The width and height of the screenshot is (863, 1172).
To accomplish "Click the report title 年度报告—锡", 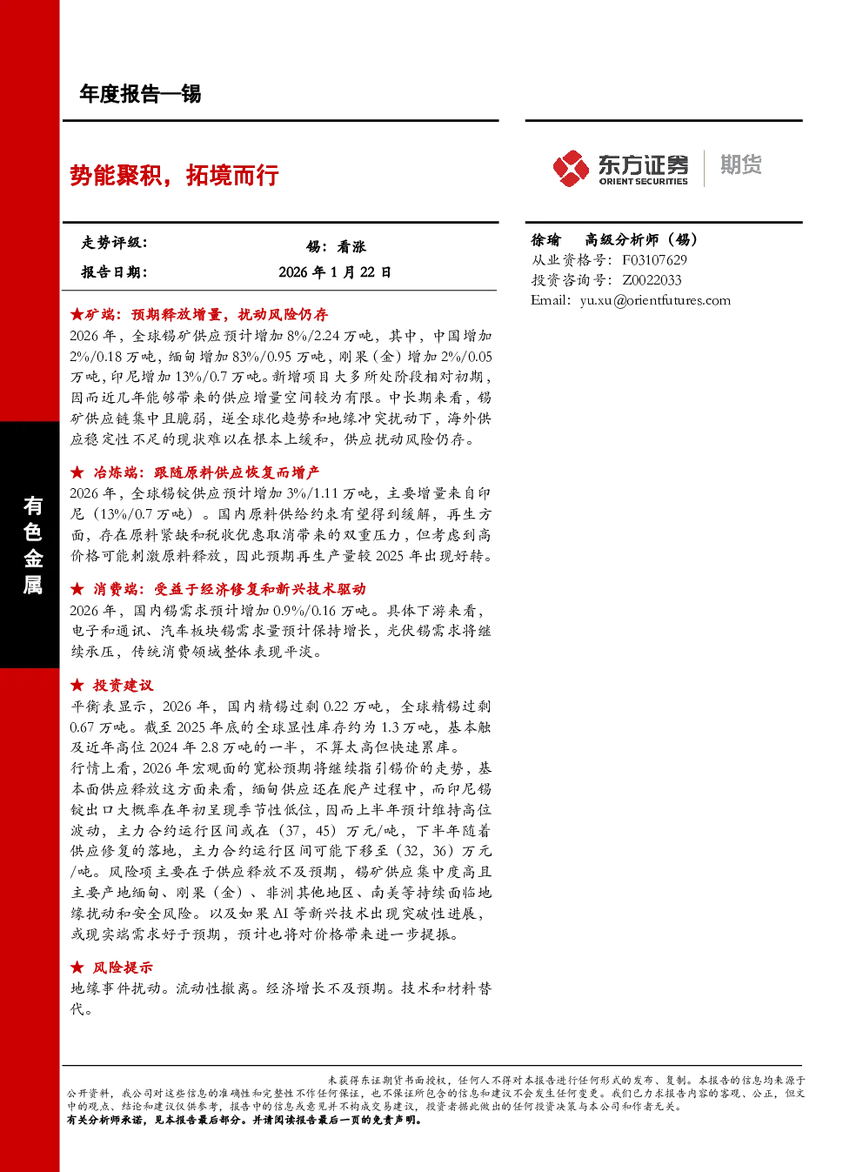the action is (140, 94).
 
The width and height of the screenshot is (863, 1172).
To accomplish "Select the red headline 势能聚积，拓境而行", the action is (174, 175).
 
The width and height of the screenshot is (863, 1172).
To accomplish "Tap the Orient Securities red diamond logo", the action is (572, 168).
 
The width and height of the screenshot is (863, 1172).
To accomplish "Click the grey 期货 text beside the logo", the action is (740, 164).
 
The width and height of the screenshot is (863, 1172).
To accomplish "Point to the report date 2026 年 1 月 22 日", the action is (335, 272).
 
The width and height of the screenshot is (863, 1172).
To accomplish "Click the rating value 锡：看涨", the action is (336, 246).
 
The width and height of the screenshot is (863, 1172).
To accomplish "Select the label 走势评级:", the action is (114, 242).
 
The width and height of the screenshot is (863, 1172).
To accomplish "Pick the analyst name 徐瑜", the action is (545, 239).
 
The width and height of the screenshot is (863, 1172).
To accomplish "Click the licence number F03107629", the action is (654, 260).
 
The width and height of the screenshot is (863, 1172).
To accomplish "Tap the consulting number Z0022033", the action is (652, 280).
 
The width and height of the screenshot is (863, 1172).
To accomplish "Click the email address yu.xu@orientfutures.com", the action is (655, 300).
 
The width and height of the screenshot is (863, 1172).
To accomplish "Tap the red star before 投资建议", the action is (77, 685).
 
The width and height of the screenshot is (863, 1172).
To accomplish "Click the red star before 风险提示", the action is (77, 968).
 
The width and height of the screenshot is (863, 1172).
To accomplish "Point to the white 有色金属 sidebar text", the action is (32, 546).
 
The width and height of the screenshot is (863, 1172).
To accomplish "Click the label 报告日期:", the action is (114, 272).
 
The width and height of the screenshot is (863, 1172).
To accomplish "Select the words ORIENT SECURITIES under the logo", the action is (643, 182).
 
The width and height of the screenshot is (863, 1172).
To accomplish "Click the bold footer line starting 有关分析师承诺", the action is (244, 1120).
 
